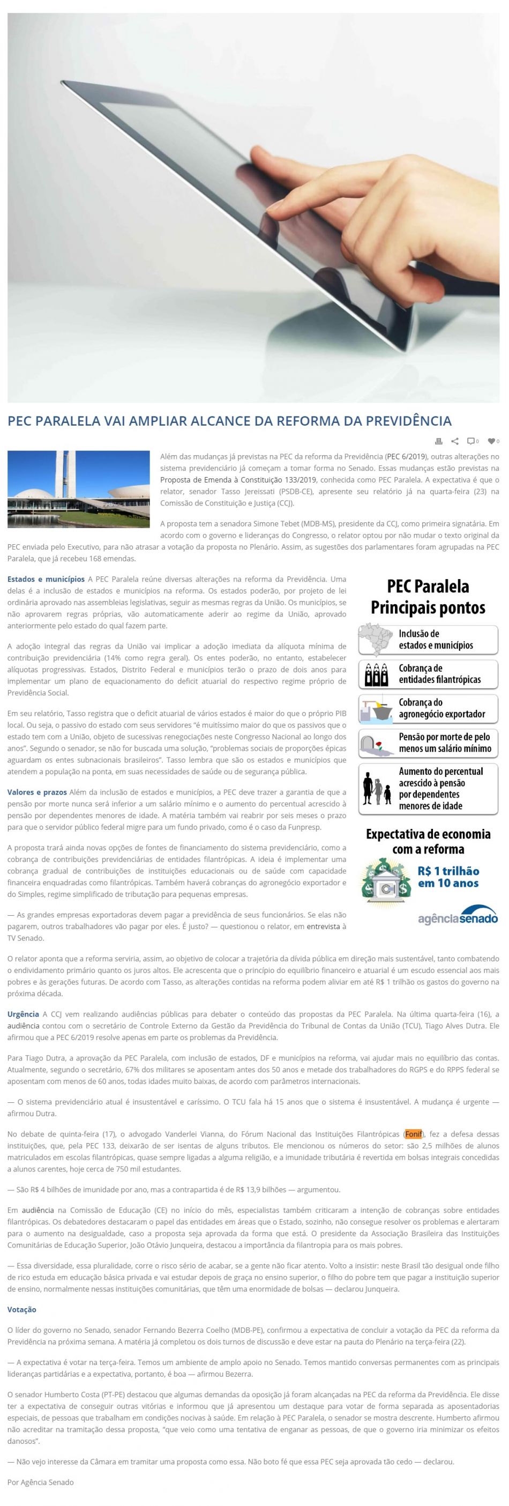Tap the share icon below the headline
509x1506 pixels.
pos(455,441)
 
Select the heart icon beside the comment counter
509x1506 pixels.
pos(491,441)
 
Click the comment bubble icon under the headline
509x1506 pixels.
pos(471,441)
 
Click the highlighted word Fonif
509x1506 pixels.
pos(413,1134)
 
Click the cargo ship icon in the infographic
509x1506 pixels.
pos(376,708)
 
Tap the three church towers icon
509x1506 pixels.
pos(376,674)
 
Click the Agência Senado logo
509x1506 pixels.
pos(458,916)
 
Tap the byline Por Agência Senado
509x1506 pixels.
pos(40,1482)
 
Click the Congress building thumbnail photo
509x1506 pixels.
pos(79,489)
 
